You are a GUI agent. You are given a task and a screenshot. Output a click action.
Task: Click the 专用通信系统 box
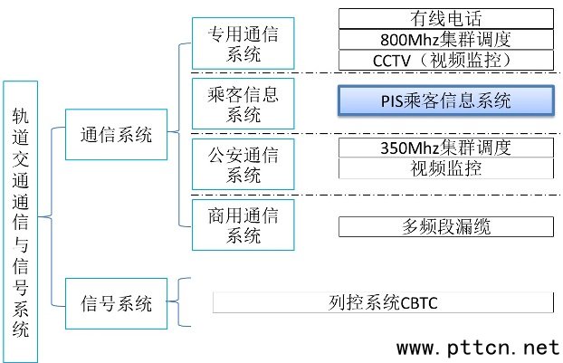[x=243, y=43]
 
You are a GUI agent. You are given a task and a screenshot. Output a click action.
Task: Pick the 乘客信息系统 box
[x=243, y=102]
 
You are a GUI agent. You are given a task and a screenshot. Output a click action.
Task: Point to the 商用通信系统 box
[x=243, y=224]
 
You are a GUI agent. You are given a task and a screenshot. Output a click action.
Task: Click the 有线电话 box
[x=445, y=18]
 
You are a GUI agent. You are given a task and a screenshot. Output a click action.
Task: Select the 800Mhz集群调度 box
[x=445, y=39]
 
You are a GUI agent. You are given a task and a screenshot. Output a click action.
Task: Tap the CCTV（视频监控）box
[x=445, y=60]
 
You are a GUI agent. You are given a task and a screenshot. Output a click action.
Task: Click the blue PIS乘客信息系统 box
[x=445, y=100]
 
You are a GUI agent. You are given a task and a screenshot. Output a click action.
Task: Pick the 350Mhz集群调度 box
[x=445, y=147]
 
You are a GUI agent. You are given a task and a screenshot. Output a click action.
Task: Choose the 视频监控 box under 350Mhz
[x=445, y=167]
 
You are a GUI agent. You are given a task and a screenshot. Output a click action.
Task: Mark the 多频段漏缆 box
[x=445, y=226]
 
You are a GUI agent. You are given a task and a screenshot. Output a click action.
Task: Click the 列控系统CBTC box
[x=383, y=302]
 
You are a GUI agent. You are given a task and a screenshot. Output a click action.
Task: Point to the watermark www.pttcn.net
[x=478, y=347]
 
